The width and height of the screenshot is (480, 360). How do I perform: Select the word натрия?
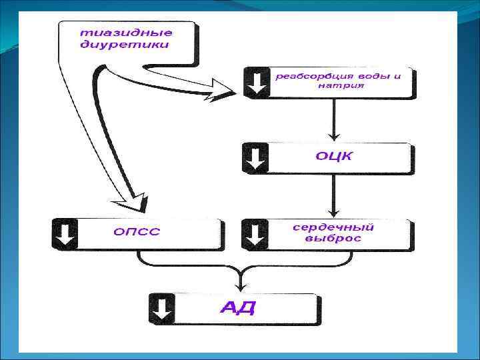(x=341, y=86)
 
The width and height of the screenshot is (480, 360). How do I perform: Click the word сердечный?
(x=333, y=227)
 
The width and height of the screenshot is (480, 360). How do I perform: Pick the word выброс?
(x=333, y=239)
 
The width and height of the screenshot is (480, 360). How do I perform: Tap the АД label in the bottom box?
(x=238, y=307)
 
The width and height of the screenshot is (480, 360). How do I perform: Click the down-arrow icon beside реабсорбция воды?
(x=257, y=82)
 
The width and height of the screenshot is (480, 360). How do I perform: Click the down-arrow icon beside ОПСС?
(x=65, y=233)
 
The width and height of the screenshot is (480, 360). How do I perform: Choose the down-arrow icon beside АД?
(x=162, y=308)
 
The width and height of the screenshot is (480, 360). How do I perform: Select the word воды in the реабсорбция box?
(x=375, y=76)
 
